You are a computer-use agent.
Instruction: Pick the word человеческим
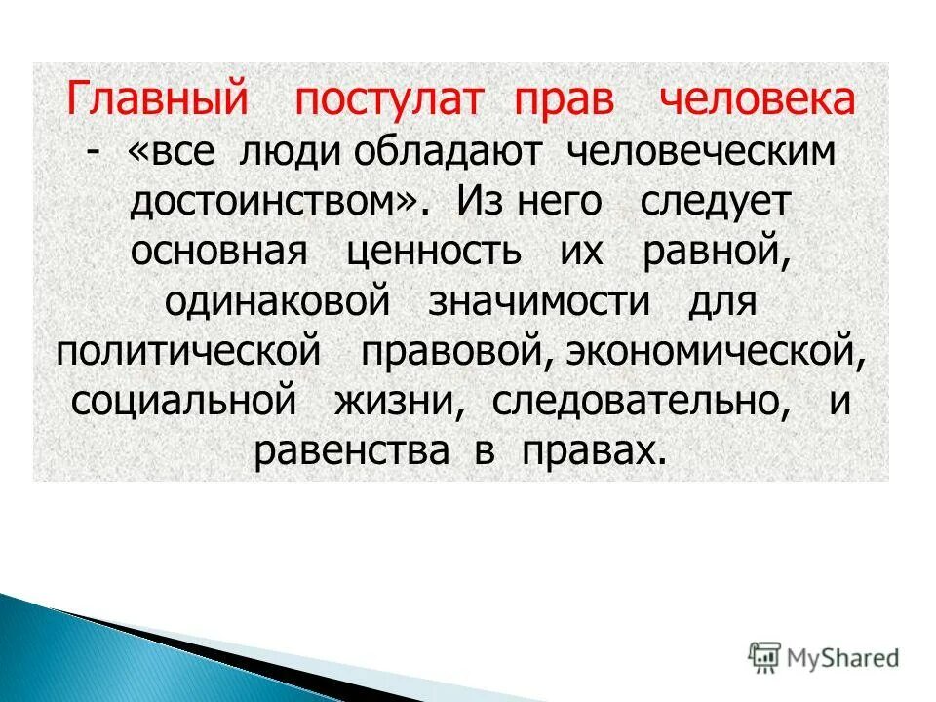(702, 153)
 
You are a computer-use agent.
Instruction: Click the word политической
(189, 352)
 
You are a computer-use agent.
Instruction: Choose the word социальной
(183, 402)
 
